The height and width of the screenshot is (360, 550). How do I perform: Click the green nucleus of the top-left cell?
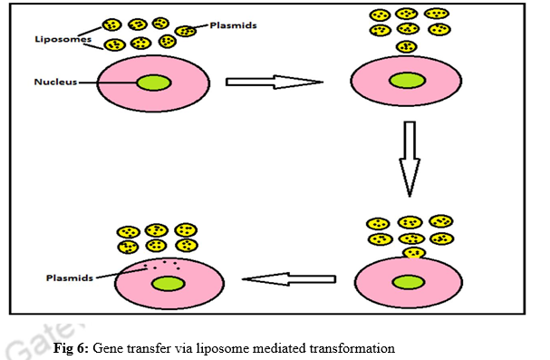tap(155, 83)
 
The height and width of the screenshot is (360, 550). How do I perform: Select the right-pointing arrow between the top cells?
tap(273, 83)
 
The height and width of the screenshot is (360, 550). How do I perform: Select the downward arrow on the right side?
tap(410, 160)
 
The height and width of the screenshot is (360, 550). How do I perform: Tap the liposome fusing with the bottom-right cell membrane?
tap(413, 253)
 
